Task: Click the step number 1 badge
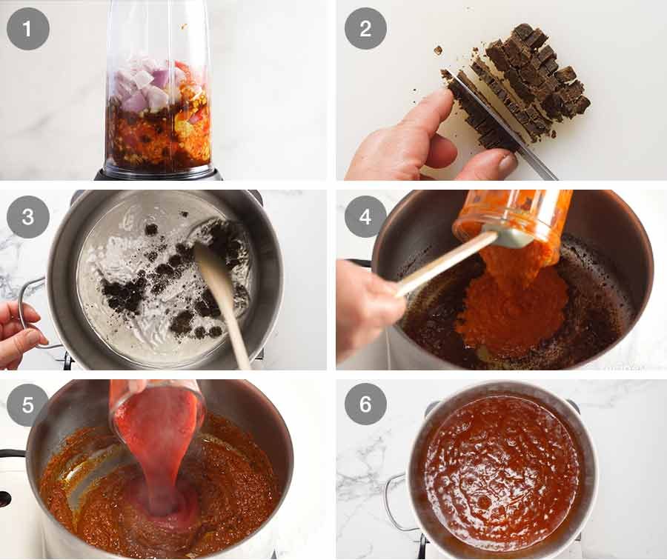[x=28, y=29]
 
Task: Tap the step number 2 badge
[x=365, y=29]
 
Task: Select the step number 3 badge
[x=28, y=216]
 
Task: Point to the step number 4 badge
[x=365, y=216]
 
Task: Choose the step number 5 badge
[x=28, y=404]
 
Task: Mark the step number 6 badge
[x=365, y=404]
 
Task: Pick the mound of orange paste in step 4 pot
[x=511, y=304]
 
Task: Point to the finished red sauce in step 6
[x=504, y=474]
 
